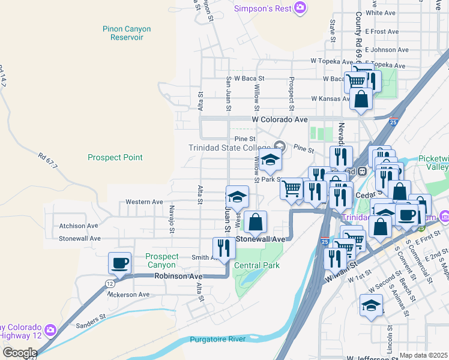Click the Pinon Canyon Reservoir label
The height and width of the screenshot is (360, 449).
pyautogui.click(x=127, y=33)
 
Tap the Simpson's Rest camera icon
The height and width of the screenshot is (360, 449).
pyautogui.click(x=300, y=8)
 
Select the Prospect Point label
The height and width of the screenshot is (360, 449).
pyautogui.click(x=115, y=158)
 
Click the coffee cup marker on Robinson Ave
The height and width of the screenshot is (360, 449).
pyautogui.click(x=119, y=262)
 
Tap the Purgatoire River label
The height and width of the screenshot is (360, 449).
pyautogui.click(x=218, y=340)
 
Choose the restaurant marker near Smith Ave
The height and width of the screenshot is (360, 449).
pyautogui.click(x=224, y=248)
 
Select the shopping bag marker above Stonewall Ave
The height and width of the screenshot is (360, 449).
pyautogui.click(x=255, y=221)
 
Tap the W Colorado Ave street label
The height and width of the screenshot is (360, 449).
pyautogui.click(x=279, y=119)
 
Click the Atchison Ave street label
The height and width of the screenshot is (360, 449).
pyautogui.click(x=78, y=226)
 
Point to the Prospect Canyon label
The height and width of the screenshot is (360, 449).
pyautogui.click(x=161, y=260)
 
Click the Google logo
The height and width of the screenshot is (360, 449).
pyautogui.click(x=19, y=353)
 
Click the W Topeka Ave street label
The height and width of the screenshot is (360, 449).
pyautogui.click(x=331, y=62)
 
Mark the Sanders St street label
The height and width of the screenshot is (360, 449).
pyautogui.click(x=91, y=325)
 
